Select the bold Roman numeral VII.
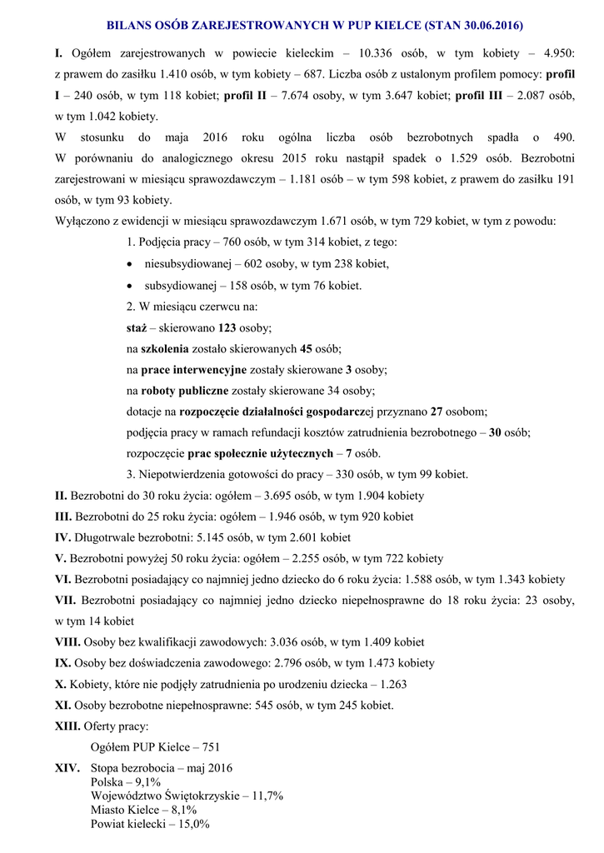[x=66, y=600]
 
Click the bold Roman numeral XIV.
[x=67, y=767]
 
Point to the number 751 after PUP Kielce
[x=211, y=747]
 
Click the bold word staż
[x=136, y=327]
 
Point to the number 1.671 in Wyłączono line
[x=338, y=221]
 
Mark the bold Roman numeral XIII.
[x=67, y=726]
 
